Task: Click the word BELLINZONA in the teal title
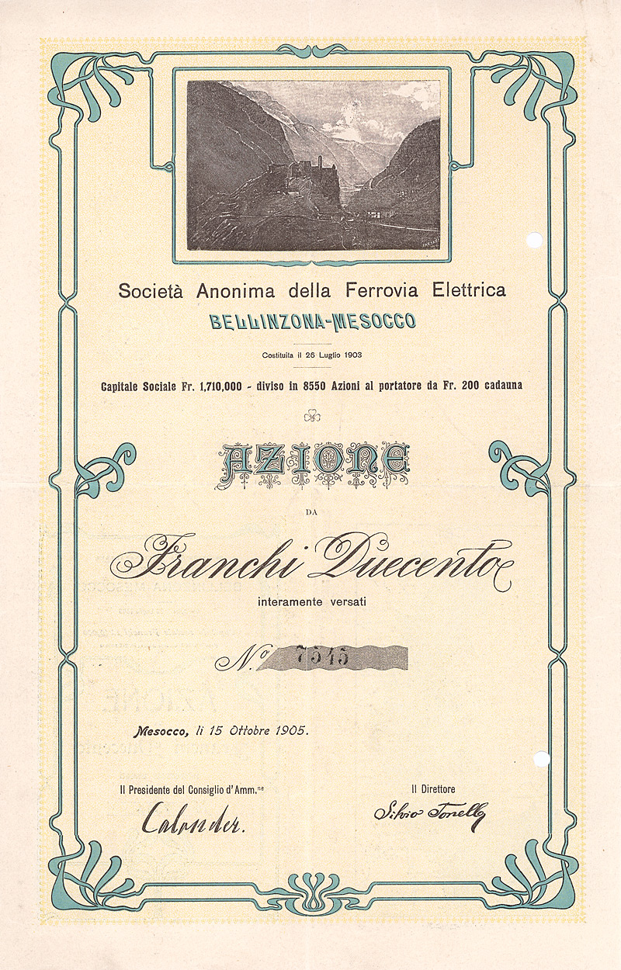[x=258, y=320]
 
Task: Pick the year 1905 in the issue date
[x=286, y=730]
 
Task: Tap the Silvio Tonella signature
[x=428, y=814]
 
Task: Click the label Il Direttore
[x=432, y=789]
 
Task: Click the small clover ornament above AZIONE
[x=312, y=417]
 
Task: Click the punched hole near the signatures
[x=542, y=758]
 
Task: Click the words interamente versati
[x=311, y=599]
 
